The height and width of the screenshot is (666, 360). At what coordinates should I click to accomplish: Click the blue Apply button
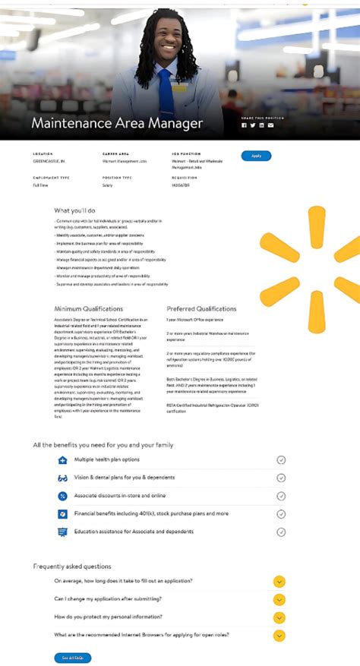tap(256, 156)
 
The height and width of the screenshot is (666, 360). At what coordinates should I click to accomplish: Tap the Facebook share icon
tap(244, 125)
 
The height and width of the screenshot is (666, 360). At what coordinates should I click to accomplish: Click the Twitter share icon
tap(253, 125)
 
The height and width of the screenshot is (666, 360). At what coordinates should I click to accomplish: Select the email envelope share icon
tap(270, 125)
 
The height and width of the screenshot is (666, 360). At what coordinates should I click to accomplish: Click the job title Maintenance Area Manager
tap(117, 122)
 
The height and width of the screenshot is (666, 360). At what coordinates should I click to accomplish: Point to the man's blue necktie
tap(166, 90)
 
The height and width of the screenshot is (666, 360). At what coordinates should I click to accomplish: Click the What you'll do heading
tap(74, 210)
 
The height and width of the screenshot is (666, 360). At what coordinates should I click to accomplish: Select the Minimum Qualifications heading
tap(88, 309)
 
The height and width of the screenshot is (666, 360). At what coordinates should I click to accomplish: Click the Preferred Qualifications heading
tap(201, 309)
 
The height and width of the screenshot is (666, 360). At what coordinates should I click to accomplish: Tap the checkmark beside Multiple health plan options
tap(281, 459)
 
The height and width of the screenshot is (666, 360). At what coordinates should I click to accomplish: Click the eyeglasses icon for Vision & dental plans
tap(63, 478)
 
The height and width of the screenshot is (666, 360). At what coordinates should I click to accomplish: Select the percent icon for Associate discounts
tap(63, 496)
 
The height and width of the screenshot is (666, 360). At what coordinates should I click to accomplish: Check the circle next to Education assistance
tap(281, 532)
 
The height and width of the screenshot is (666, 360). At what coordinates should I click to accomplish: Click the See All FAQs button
tap(72, 658)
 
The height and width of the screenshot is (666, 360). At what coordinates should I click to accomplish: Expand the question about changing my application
tap(279, 599)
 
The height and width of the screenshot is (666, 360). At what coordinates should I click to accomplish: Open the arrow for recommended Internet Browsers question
tap(279, 635)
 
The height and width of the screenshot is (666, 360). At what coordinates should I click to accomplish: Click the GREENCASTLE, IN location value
tap(48, 162)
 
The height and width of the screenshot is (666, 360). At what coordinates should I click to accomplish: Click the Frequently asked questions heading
tap(71, 566)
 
